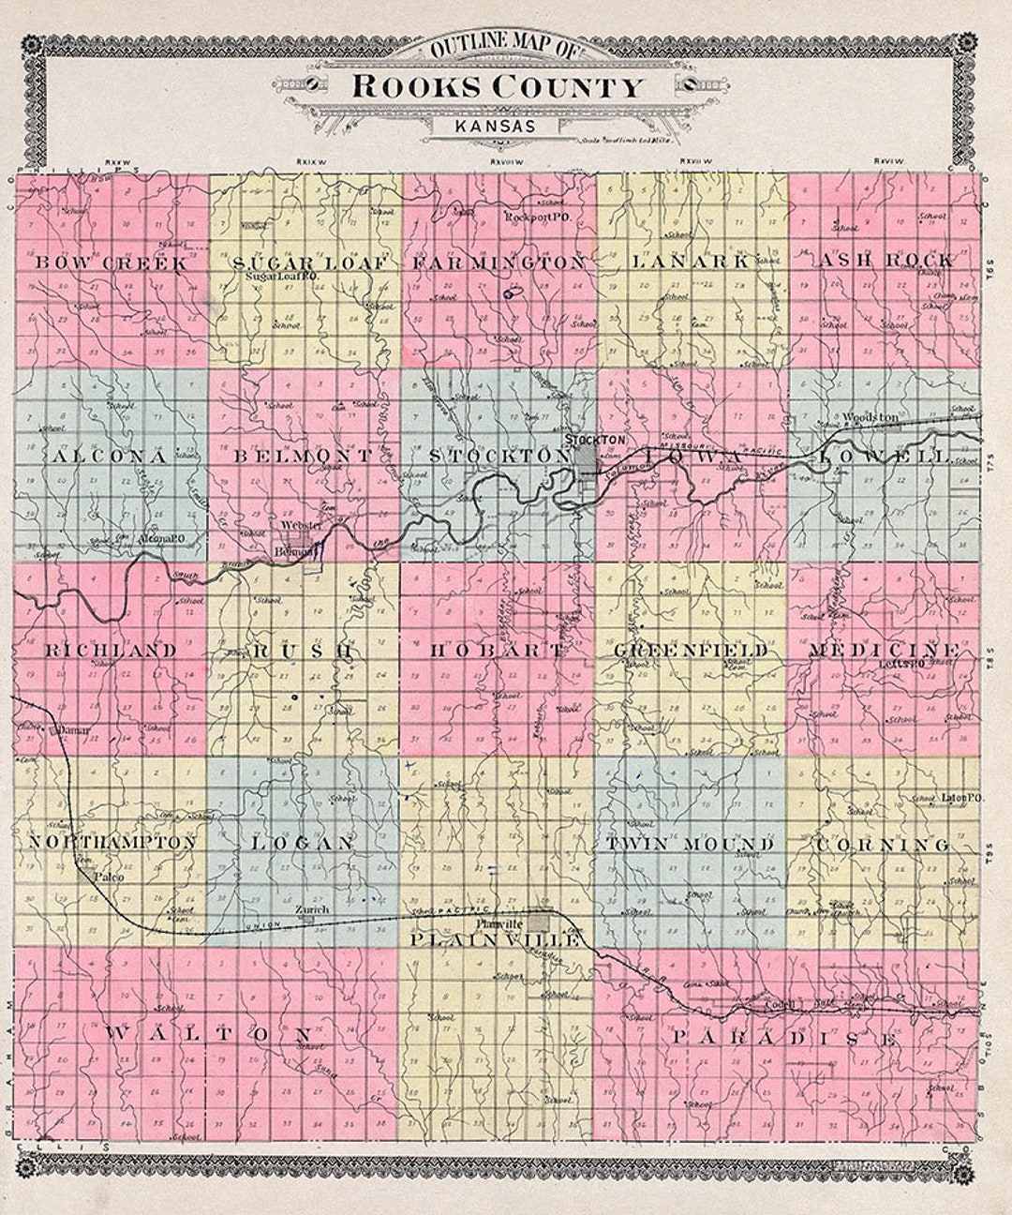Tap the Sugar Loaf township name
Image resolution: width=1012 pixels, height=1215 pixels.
pos(308,263)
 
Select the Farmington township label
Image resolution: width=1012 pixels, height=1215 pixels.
pos(499,262)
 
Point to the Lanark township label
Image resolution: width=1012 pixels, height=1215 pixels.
pos(691,262)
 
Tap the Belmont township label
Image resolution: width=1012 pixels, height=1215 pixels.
pos(304,457)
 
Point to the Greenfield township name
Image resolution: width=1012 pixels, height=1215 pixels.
pos(692,650)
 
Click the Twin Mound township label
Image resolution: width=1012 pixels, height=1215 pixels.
pos(691,844)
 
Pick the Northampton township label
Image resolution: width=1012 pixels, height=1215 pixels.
pos(113,843)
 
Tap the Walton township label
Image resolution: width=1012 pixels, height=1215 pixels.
pos(208,1033)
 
